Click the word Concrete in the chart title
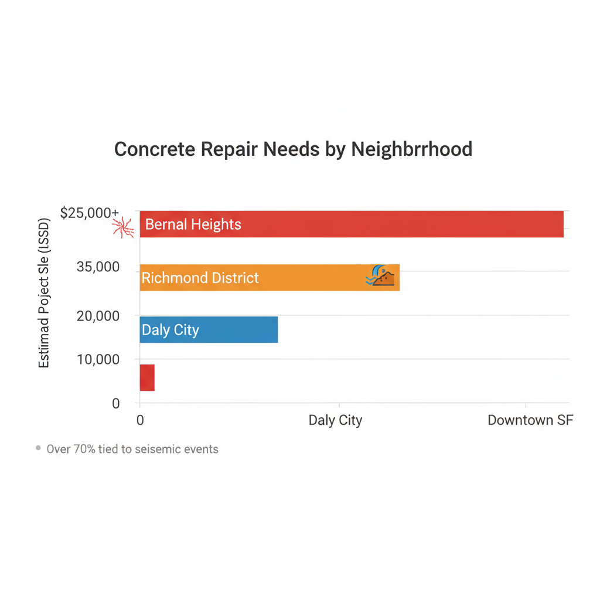point(154,149)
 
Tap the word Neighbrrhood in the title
point(411,149)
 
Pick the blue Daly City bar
point(234,330)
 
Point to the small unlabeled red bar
point(147,378)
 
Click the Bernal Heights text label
point(193,224)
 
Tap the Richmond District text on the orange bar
point(200,278)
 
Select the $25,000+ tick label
point(90,213)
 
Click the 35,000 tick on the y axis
point(98,267)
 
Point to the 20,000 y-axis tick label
point(98,316)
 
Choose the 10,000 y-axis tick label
point(98,359)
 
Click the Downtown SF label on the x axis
point(530,420)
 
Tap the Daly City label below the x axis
point(335,420)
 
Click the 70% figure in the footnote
point(86,449)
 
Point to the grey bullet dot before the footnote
point(38,448)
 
